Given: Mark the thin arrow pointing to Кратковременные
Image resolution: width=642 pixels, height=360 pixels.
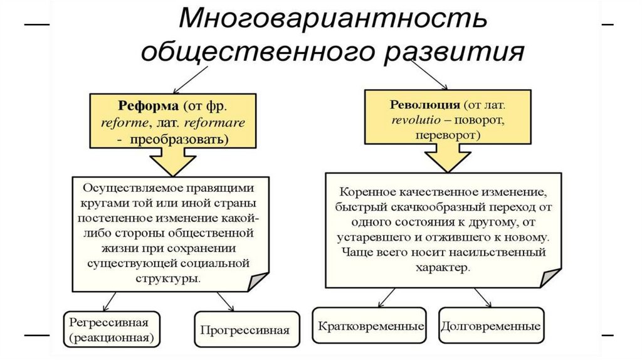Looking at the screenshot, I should (384, 297).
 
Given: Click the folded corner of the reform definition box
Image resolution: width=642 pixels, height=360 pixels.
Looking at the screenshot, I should (258, 281).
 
